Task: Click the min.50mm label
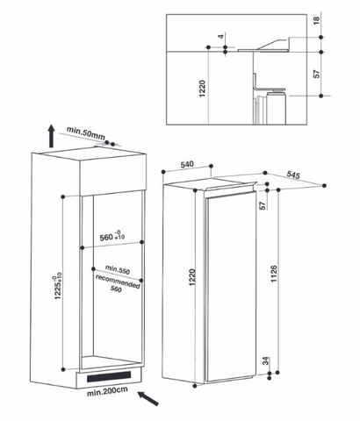coord(86,133)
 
